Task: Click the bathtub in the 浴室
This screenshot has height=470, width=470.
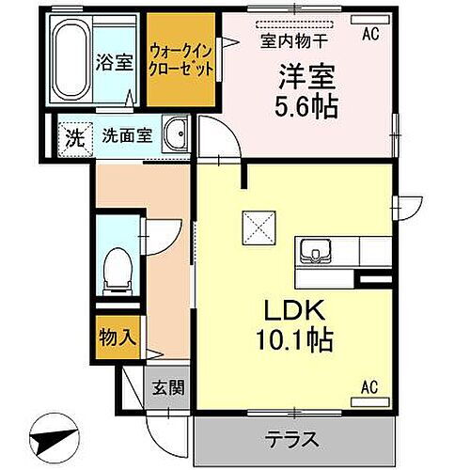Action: (x=71, y=60)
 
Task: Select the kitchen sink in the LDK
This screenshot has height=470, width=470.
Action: (x=315, y=252)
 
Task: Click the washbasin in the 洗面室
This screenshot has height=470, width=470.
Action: (x=176, y=133)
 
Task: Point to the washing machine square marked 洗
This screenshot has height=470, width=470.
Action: (x=76, y=139)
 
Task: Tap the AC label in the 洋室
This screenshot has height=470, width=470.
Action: (x=370, y=34)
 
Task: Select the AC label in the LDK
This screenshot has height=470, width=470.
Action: (x=369, y=387)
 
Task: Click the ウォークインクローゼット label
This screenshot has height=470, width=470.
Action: (x=180, y=60)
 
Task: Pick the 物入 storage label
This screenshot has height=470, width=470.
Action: (x=117, y=337)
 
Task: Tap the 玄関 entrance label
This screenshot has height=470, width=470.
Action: (x=168, y=387)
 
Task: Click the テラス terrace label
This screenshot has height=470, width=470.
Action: (x=292, y=439)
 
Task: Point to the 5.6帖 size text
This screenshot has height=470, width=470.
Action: (x=306, y=106)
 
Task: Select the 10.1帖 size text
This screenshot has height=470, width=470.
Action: (x=294, y=339)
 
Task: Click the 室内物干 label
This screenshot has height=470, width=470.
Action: (x=294, y=41)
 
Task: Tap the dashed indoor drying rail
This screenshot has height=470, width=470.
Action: (x=294, y=24)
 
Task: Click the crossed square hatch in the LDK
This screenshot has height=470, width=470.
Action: (x=259, y=227)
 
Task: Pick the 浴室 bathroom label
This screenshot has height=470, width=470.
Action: (x=114, y=62)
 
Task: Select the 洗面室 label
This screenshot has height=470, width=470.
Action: (x=127, y=135)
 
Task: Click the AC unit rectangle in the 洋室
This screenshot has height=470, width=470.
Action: (x=370, y=20)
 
